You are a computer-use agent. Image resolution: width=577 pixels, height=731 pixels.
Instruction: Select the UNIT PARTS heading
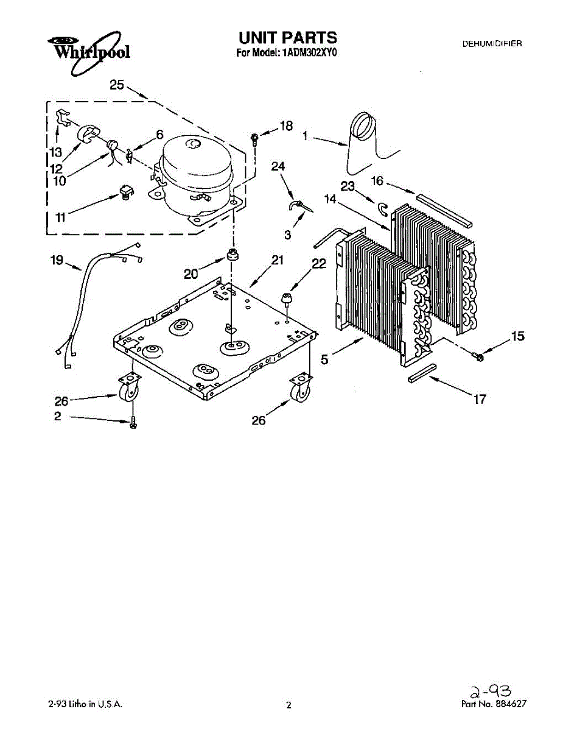click(x=287, y=38)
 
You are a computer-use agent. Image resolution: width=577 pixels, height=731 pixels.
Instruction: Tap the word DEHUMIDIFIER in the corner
click(x=492, y=44)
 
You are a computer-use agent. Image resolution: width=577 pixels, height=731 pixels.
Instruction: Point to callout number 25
click(x=117, y=85)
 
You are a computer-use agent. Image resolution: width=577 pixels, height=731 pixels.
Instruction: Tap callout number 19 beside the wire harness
click(x=57, y=261)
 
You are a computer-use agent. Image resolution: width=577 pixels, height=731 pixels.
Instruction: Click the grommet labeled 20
click(x=232, y=254)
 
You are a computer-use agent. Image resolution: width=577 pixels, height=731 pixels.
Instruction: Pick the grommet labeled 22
click(x=287, y=299)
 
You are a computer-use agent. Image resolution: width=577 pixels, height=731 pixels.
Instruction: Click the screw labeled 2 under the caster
click(x=133, y=422)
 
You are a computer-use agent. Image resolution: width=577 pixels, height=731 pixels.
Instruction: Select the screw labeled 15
click(x=478, y=355)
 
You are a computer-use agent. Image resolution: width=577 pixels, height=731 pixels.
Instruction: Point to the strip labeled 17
click(x=420, y=372)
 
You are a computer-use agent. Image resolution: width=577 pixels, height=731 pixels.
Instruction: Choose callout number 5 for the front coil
click(x=325, y=360)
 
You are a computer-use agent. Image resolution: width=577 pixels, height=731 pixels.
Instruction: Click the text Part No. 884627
click(x=494, y=704)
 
